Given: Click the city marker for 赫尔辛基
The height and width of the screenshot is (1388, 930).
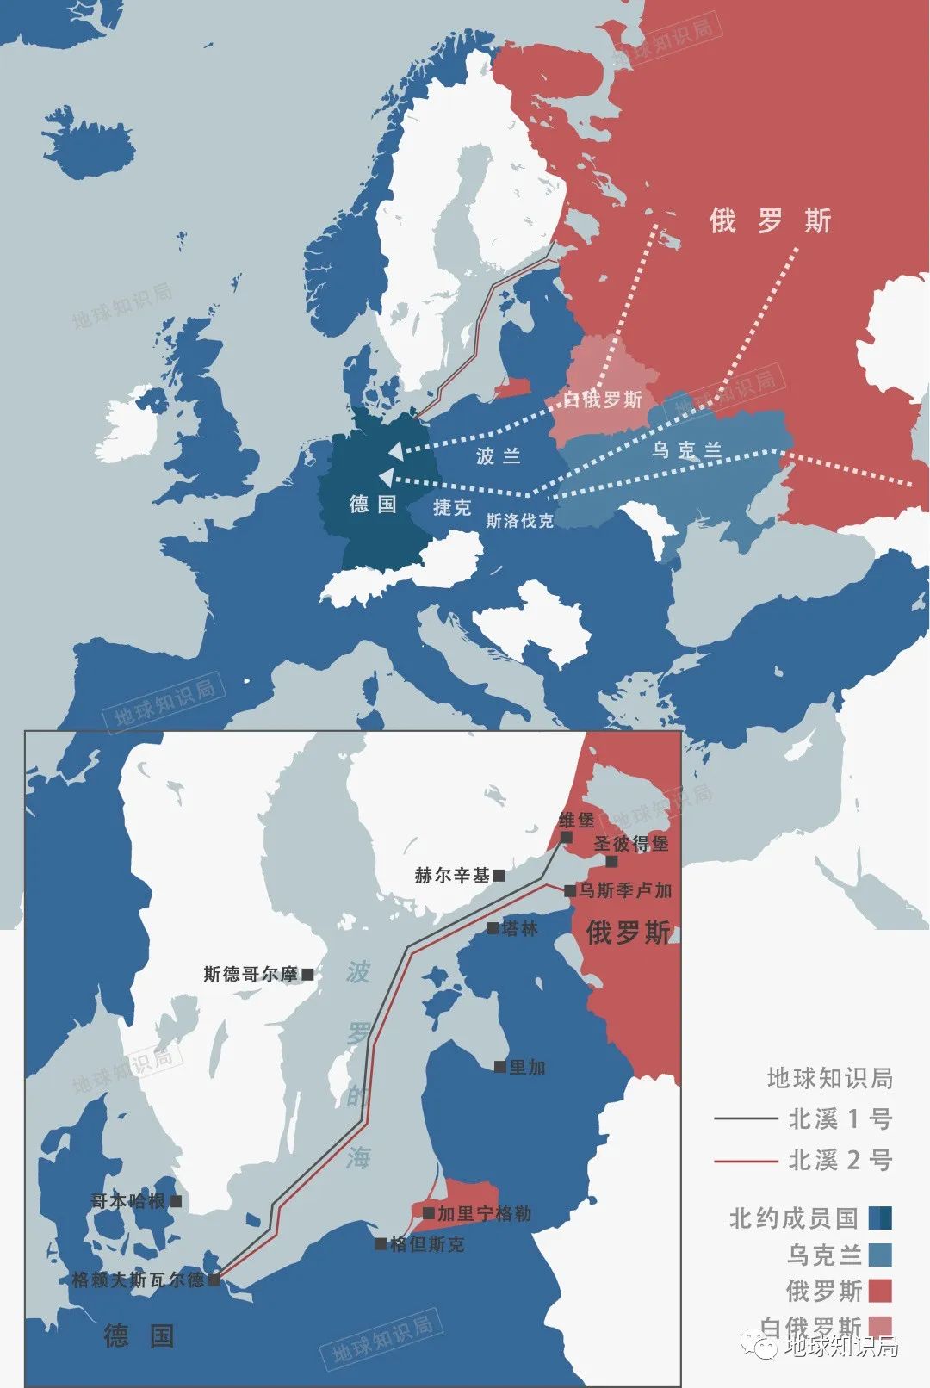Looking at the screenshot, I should click(x=499, y=876).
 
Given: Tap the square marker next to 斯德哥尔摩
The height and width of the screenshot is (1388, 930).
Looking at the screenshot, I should click(x=307, y=974).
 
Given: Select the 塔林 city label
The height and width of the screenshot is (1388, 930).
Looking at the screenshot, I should click(x=519, y=928).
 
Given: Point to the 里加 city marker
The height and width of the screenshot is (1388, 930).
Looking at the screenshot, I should click(x=499, y=1067).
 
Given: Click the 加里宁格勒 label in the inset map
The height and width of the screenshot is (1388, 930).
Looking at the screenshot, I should click(x=484, y=1214).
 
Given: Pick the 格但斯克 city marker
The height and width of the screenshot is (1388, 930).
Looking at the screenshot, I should click(x=381, y=1243).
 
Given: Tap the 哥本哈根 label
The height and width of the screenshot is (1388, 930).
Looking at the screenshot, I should click(x=127, y=1201).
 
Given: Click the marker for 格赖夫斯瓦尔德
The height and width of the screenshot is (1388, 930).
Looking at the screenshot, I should click(x=214, y=1280).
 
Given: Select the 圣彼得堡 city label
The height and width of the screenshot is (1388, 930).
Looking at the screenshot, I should click(x=630, y=844).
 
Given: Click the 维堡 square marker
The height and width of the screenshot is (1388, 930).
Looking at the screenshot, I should click(x=566, y=837).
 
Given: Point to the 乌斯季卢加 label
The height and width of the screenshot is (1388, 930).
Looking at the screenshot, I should click(x=624, y=890).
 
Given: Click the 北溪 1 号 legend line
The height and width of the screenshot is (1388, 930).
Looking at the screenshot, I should click(x=746, y=1118).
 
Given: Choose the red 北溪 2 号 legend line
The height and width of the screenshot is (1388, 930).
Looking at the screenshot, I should click(x=746, y=1161).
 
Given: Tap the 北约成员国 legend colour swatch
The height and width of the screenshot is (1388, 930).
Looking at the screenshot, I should click(x=880, y=1218).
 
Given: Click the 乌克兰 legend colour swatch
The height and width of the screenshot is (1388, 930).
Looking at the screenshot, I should click(x=880, y=1255).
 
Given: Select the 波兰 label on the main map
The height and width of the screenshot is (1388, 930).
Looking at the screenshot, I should click(x=499, y=455).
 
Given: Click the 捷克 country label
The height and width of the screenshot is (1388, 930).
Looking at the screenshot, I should click(x=452, y=507).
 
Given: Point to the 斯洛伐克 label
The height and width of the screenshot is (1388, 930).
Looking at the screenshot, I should click(x=519, y=521).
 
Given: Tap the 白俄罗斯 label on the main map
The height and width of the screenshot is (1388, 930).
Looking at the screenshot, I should click(x=603, y=400).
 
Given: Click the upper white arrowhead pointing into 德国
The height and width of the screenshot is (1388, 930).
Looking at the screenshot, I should click(x=394, y=450).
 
